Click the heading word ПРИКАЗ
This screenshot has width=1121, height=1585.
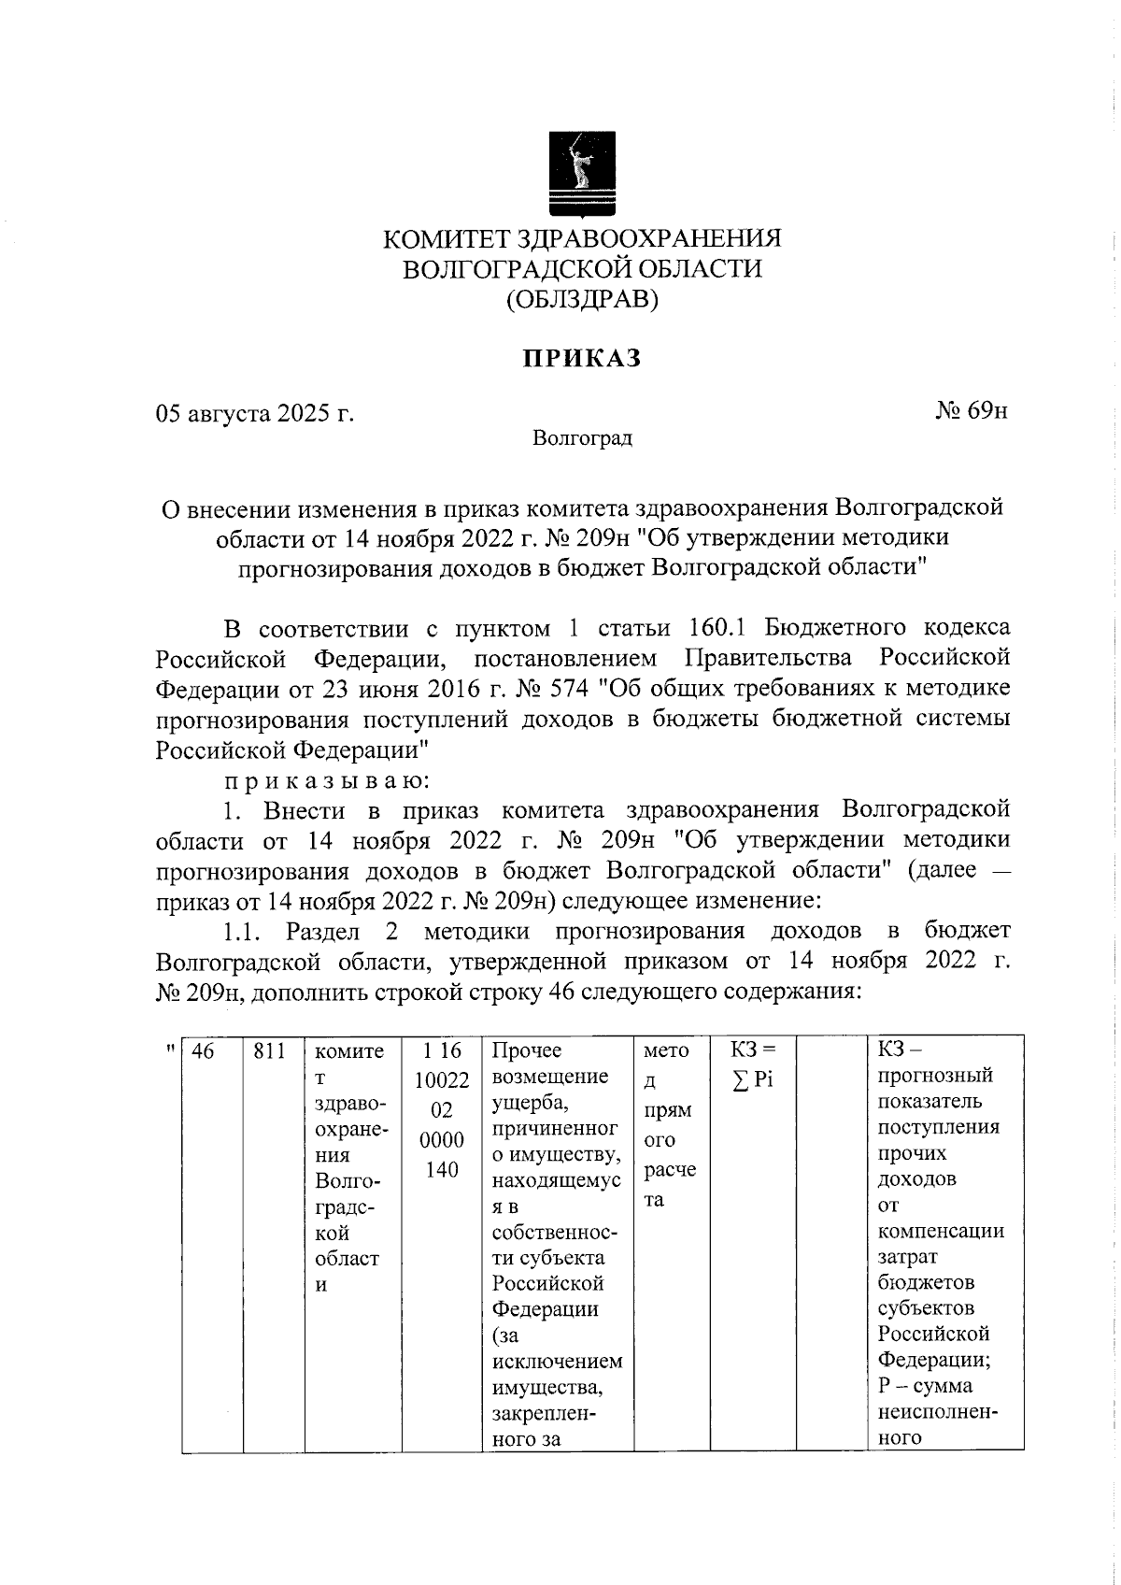coord(581,359)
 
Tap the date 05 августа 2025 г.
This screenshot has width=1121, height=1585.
coord(254,412)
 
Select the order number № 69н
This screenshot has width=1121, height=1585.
coord(972,411)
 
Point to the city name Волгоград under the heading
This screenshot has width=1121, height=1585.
coord(582,438)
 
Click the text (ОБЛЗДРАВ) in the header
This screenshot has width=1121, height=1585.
coord(582,300)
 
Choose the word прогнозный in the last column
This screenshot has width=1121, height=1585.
coord(935,1076)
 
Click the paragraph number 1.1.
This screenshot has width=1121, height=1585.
coord(244,931)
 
